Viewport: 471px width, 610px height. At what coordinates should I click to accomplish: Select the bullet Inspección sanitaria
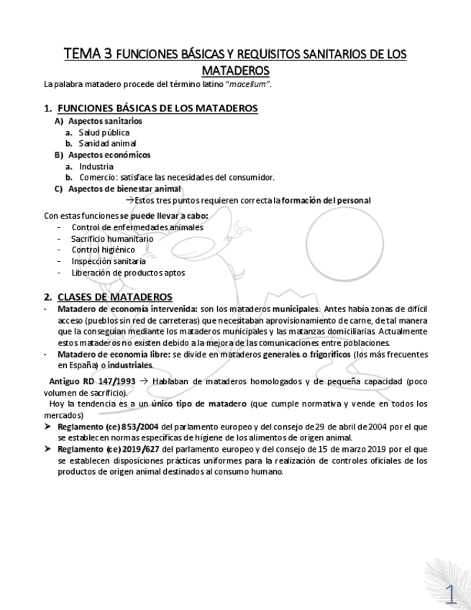click(x=108, y=261)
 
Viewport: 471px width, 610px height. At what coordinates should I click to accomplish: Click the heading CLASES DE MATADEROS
click(x=114, y=296)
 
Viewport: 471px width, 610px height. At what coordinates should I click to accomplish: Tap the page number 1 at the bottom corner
click(x=452, y=593)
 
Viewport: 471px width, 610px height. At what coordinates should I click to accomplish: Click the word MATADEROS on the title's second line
click(x=235, y=70)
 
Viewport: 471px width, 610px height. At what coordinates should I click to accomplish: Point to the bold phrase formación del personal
click(x=326, y=200)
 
